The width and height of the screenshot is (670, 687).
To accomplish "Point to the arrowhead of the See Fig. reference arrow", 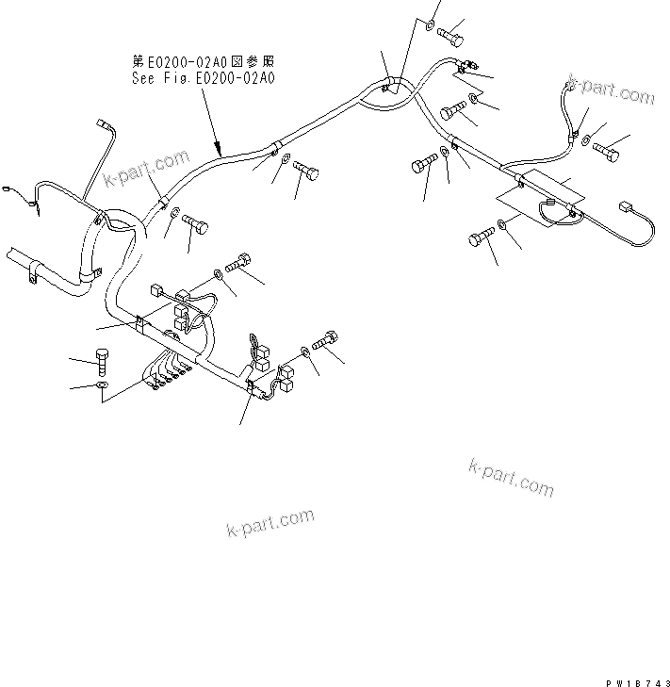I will [x=219, y=152].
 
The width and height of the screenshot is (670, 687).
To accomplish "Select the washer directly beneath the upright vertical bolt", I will [x=103, y=386].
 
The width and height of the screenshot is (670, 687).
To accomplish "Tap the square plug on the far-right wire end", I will [x=625, y=207].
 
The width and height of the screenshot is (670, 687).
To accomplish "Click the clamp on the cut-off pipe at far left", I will [x=34, y=274].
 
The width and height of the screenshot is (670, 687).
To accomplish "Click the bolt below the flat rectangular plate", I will [x=481, y=237].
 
